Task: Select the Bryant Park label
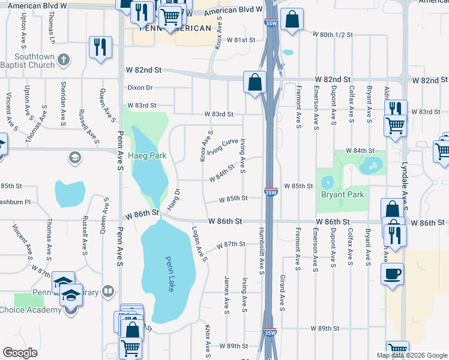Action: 342,194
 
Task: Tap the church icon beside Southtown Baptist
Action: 64,60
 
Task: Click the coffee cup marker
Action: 392,274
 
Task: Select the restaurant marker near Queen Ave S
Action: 100,47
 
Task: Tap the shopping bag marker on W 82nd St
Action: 255,82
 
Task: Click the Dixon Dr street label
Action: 140,88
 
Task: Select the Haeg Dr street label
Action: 173,199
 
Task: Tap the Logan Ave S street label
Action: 199,244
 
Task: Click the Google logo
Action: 20,353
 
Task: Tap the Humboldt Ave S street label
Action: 262,251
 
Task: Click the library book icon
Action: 107,292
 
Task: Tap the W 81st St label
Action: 241,40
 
